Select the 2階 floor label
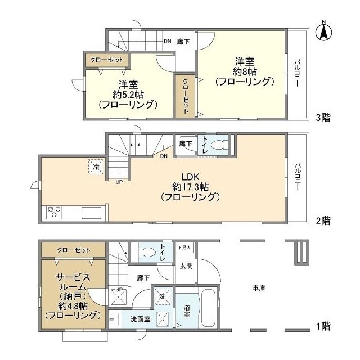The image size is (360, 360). click(x=322, y=220)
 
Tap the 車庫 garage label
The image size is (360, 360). click(x=259, y=288)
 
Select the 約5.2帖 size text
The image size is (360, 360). click(x=127, y=94)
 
